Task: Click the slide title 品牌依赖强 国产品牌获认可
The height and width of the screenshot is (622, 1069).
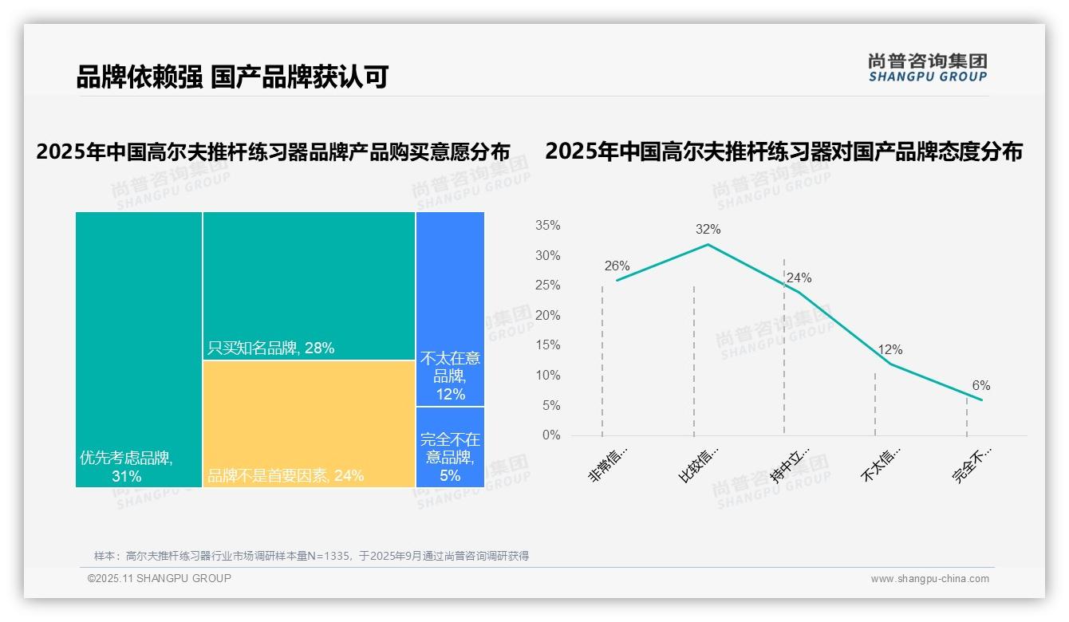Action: point(231,77)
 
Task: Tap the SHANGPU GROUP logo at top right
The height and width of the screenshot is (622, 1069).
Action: point(927,68)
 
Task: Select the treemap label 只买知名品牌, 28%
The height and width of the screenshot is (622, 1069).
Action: point(270,348)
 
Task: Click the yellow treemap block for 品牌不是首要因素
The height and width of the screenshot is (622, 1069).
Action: point(309,423)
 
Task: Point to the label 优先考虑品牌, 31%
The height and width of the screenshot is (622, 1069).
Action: point(126,467)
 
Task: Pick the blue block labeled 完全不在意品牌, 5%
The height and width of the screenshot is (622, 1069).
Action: point(450,457)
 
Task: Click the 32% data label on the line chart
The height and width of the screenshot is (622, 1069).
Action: point(708,229)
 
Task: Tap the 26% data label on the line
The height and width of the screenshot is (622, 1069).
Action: point(617,266)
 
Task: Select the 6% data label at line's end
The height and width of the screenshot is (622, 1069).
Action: point(980,385)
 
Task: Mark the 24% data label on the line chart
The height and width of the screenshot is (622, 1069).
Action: point(799,278)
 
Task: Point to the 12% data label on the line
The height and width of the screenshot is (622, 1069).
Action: point(890,349)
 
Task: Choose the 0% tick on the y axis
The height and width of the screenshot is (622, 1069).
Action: point(550,435)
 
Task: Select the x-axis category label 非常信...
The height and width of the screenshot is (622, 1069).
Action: point(609,465)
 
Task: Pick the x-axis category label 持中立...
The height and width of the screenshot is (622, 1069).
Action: point(790,465)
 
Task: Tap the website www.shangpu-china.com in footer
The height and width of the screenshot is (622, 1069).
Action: point(929,579)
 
